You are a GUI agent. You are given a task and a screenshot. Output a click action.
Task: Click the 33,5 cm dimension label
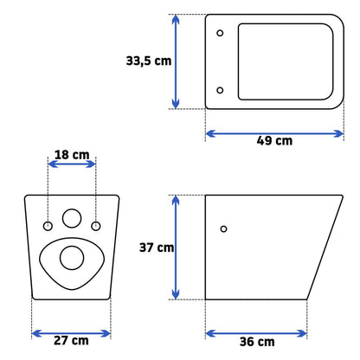point(149,61)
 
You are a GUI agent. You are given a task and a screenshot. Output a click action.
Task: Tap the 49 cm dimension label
point(274,141)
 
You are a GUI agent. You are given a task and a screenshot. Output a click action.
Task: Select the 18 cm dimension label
point(72,155)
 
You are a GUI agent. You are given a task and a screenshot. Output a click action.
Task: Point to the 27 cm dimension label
point(71,340)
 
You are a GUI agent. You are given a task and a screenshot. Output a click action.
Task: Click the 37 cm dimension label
point(157,247)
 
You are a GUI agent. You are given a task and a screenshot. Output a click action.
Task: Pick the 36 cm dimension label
point(257,342)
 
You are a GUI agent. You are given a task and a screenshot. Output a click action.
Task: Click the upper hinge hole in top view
point(220,33)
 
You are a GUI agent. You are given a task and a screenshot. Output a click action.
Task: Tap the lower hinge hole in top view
point(220,90)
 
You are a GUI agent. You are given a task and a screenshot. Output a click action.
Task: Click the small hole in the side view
point(223,229)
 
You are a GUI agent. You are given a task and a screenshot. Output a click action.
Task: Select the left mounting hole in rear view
point(48,226)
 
